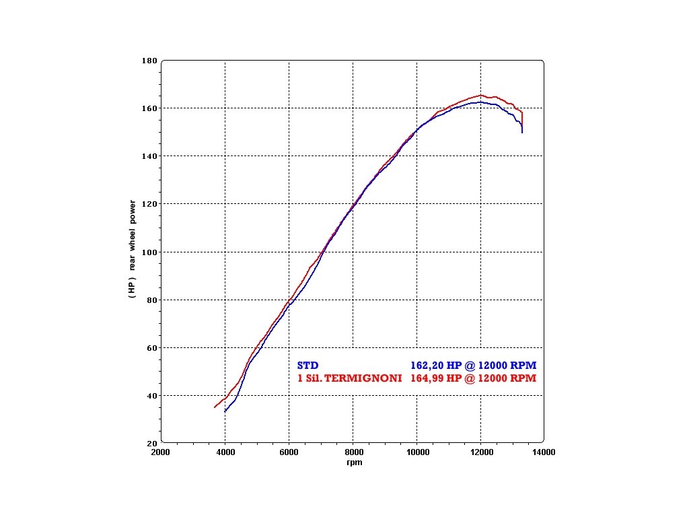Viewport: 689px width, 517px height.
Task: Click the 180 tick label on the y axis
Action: (x=149, y=61)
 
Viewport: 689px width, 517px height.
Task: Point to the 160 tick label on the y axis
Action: (x=149, y=108)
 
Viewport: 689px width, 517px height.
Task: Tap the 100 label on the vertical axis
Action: (x=149, y=252)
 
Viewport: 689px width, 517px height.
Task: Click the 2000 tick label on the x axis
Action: (x=161, y=453)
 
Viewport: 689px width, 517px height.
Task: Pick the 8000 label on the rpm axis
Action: (x=353, y=453)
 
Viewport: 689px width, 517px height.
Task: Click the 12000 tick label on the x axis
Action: (x=480, y=453)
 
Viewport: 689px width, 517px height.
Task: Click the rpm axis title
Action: (x=354, y=462)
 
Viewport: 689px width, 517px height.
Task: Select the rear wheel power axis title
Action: (x=133, y=248)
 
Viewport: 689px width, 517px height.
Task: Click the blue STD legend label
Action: (x=308, y=365)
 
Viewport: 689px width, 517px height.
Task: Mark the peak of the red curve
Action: (x=481, y=95)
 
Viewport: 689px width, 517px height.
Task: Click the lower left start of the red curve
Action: (x=215, y=407)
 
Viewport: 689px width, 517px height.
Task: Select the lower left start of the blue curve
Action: (x=225, y=411)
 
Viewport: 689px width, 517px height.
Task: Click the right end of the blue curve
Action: (x=522, y=133)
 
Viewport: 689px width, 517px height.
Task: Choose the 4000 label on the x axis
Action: (x=225, y=453)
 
